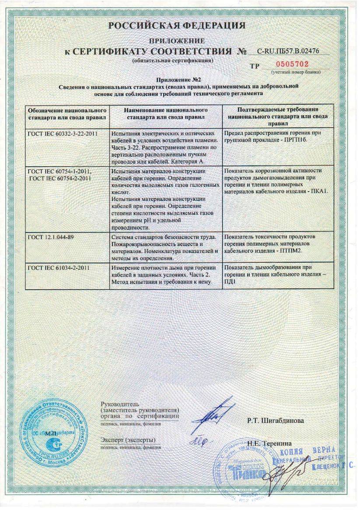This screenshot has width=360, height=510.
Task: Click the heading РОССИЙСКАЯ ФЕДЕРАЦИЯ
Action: coord(177,26)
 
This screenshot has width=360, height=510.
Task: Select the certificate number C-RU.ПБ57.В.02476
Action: coord(288,51)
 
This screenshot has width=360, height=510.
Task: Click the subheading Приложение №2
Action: coord(179,80)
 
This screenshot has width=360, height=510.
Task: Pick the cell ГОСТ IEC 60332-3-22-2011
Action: coord(63,133)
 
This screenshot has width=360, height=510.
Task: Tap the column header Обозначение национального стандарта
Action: coord(67,113)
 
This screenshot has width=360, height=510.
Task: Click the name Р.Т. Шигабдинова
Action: coord(276,421)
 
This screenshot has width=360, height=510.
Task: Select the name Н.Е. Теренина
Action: coord(268,443)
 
